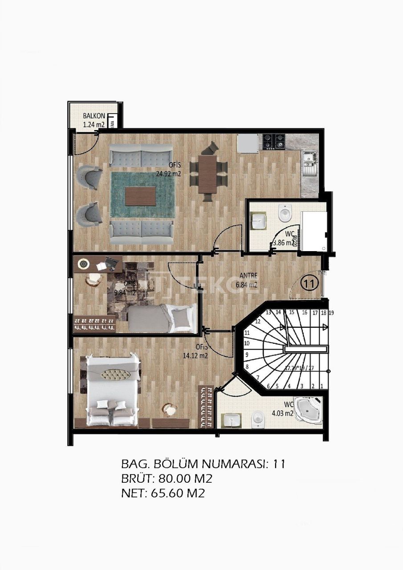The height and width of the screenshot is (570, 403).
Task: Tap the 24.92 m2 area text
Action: pyautogui.click(x=168, y=174)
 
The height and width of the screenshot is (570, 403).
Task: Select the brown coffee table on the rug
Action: pyautogui.click(x=140, y=196)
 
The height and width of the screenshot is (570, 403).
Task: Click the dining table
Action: pyautogui.click(x=208, y=174)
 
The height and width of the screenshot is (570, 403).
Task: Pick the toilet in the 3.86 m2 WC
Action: pyautogui.click(x=284, y=213)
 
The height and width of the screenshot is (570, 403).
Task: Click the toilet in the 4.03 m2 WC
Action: pyautogui.click(x=258, y=420)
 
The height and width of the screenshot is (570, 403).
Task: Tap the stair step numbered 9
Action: pyautogui.click(x=247, y=355)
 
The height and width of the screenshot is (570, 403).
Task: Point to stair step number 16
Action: pyautogui.click(x=305, y=313)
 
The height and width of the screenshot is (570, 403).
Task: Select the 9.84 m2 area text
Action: pyautogui.click(x=124, y=293)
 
